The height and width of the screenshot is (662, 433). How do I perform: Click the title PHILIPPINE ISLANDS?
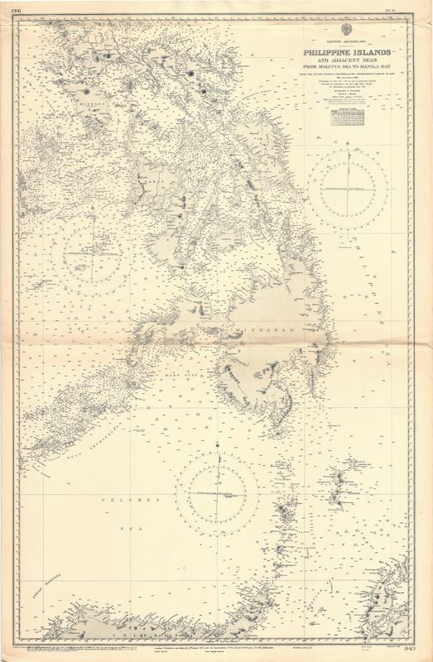pyautogui.click(x=346, y=52)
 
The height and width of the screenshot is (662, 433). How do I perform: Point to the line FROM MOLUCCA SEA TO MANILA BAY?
pyautogui.click(x=346, y=70)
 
